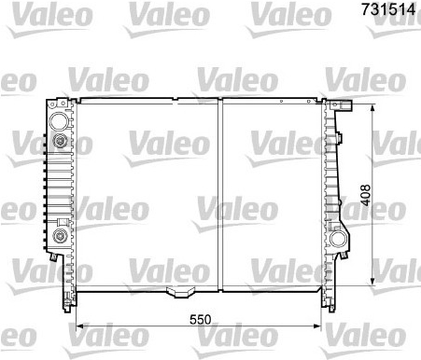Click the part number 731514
[x=388, y=9]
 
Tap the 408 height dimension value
[x=365, y=195]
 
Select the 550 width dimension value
[x=201, y=319]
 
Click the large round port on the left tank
[x=59, y=121]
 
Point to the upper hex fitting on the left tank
[x=59, y=141]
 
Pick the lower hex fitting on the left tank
[x=59, y=236]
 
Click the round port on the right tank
[x=337, y=239]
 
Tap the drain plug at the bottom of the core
[x=178, y=292]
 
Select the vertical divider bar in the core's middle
[x=220, y=195]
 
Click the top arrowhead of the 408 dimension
[x=372, y=108]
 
